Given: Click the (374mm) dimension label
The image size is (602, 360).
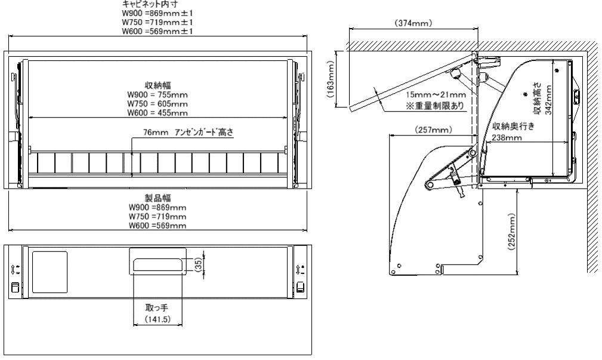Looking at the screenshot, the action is (x=413, y=23).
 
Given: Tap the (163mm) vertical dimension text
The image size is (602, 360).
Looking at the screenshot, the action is (x=331, y=79).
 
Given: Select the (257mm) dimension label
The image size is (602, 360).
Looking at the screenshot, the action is (x=433, y=130).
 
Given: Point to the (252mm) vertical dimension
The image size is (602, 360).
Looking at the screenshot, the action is (x=511, y=232).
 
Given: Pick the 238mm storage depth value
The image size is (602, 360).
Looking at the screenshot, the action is (x=507, y=137).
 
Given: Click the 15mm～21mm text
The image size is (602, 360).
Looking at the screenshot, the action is (x=436, y=94).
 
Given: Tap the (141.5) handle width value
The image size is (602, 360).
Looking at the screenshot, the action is (x=158, y=319).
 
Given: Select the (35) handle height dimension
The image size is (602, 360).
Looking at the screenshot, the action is (x=198, y=265).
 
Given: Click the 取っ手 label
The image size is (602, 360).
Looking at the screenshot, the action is (x=157, y=307).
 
